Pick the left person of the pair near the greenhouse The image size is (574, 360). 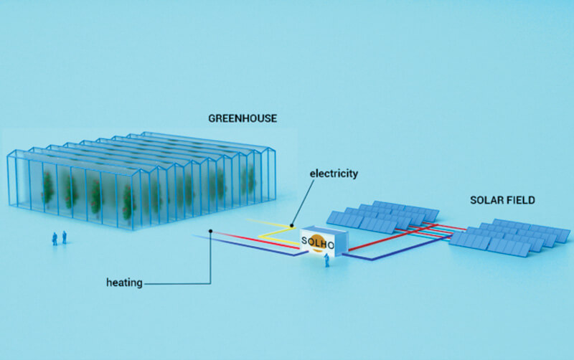tap(55, 238)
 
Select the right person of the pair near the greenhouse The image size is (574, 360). tap(65, 237)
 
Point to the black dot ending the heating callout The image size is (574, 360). tap(210, 231)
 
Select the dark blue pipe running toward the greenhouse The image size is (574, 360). tap(244, 247)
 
